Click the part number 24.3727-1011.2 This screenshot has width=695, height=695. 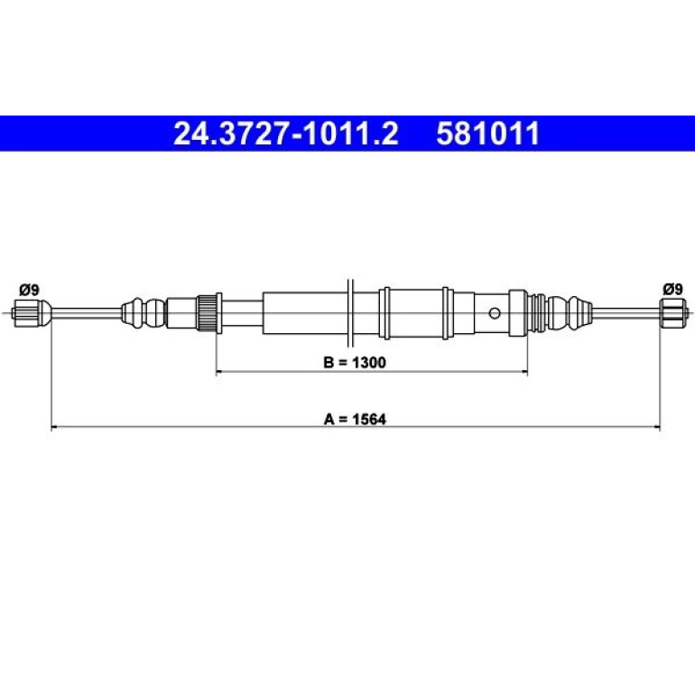tap(286, 134)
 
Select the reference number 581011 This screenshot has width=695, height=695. tap(488, 134)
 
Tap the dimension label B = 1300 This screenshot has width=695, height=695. tap(355, 362)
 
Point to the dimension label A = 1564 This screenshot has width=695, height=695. tap(355, 419)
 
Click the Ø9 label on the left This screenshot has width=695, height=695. tap(29, 290)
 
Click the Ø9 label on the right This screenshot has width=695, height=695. tap(672, 290)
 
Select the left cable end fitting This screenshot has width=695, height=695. tap(32, 313)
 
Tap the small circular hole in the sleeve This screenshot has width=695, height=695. tap(495, 313)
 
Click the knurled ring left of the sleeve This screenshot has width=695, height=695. tap(206, 313)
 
